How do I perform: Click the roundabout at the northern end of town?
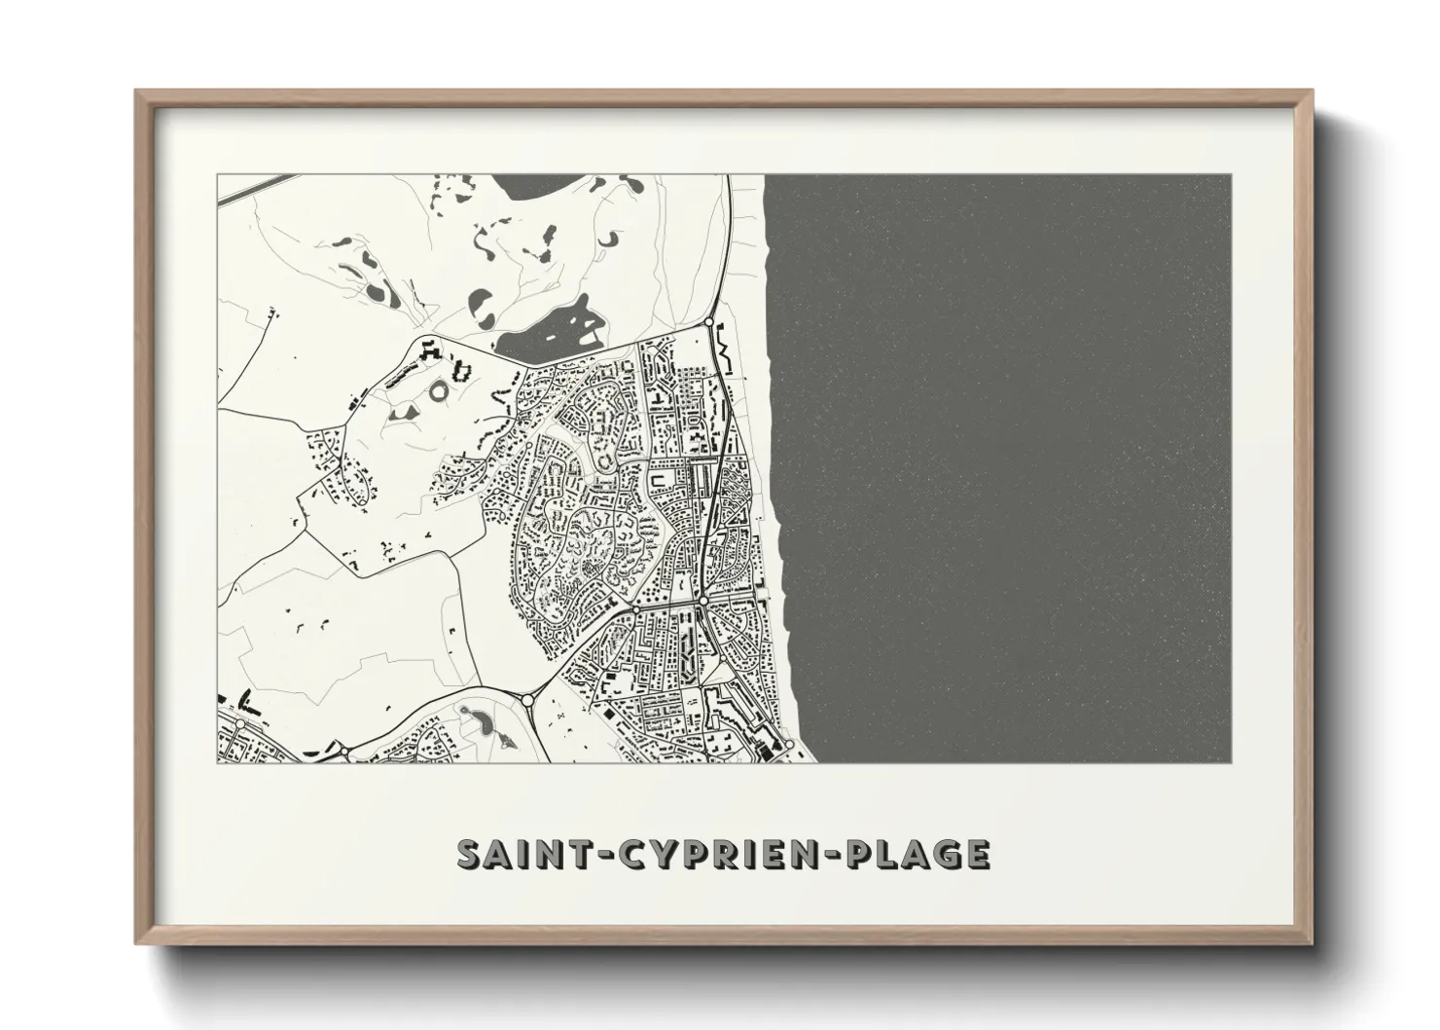click(x=709, y=321)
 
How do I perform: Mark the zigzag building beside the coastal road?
click(x=724, y=343)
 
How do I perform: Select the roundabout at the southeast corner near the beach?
click(x=789, y=746)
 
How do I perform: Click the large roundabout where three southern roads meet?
click(x=527, y=699)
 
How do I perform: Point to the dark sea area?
click(x=1002, y=467)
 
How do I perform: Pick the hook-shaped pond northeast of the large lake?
click(x=610, y=238)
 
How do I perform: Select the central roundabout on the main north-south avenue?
click(x=702, y=603)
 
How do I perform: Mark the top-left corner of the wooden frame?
click(x=137, y=92)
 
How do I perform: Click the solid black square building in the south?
click(x=610, y=715)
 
